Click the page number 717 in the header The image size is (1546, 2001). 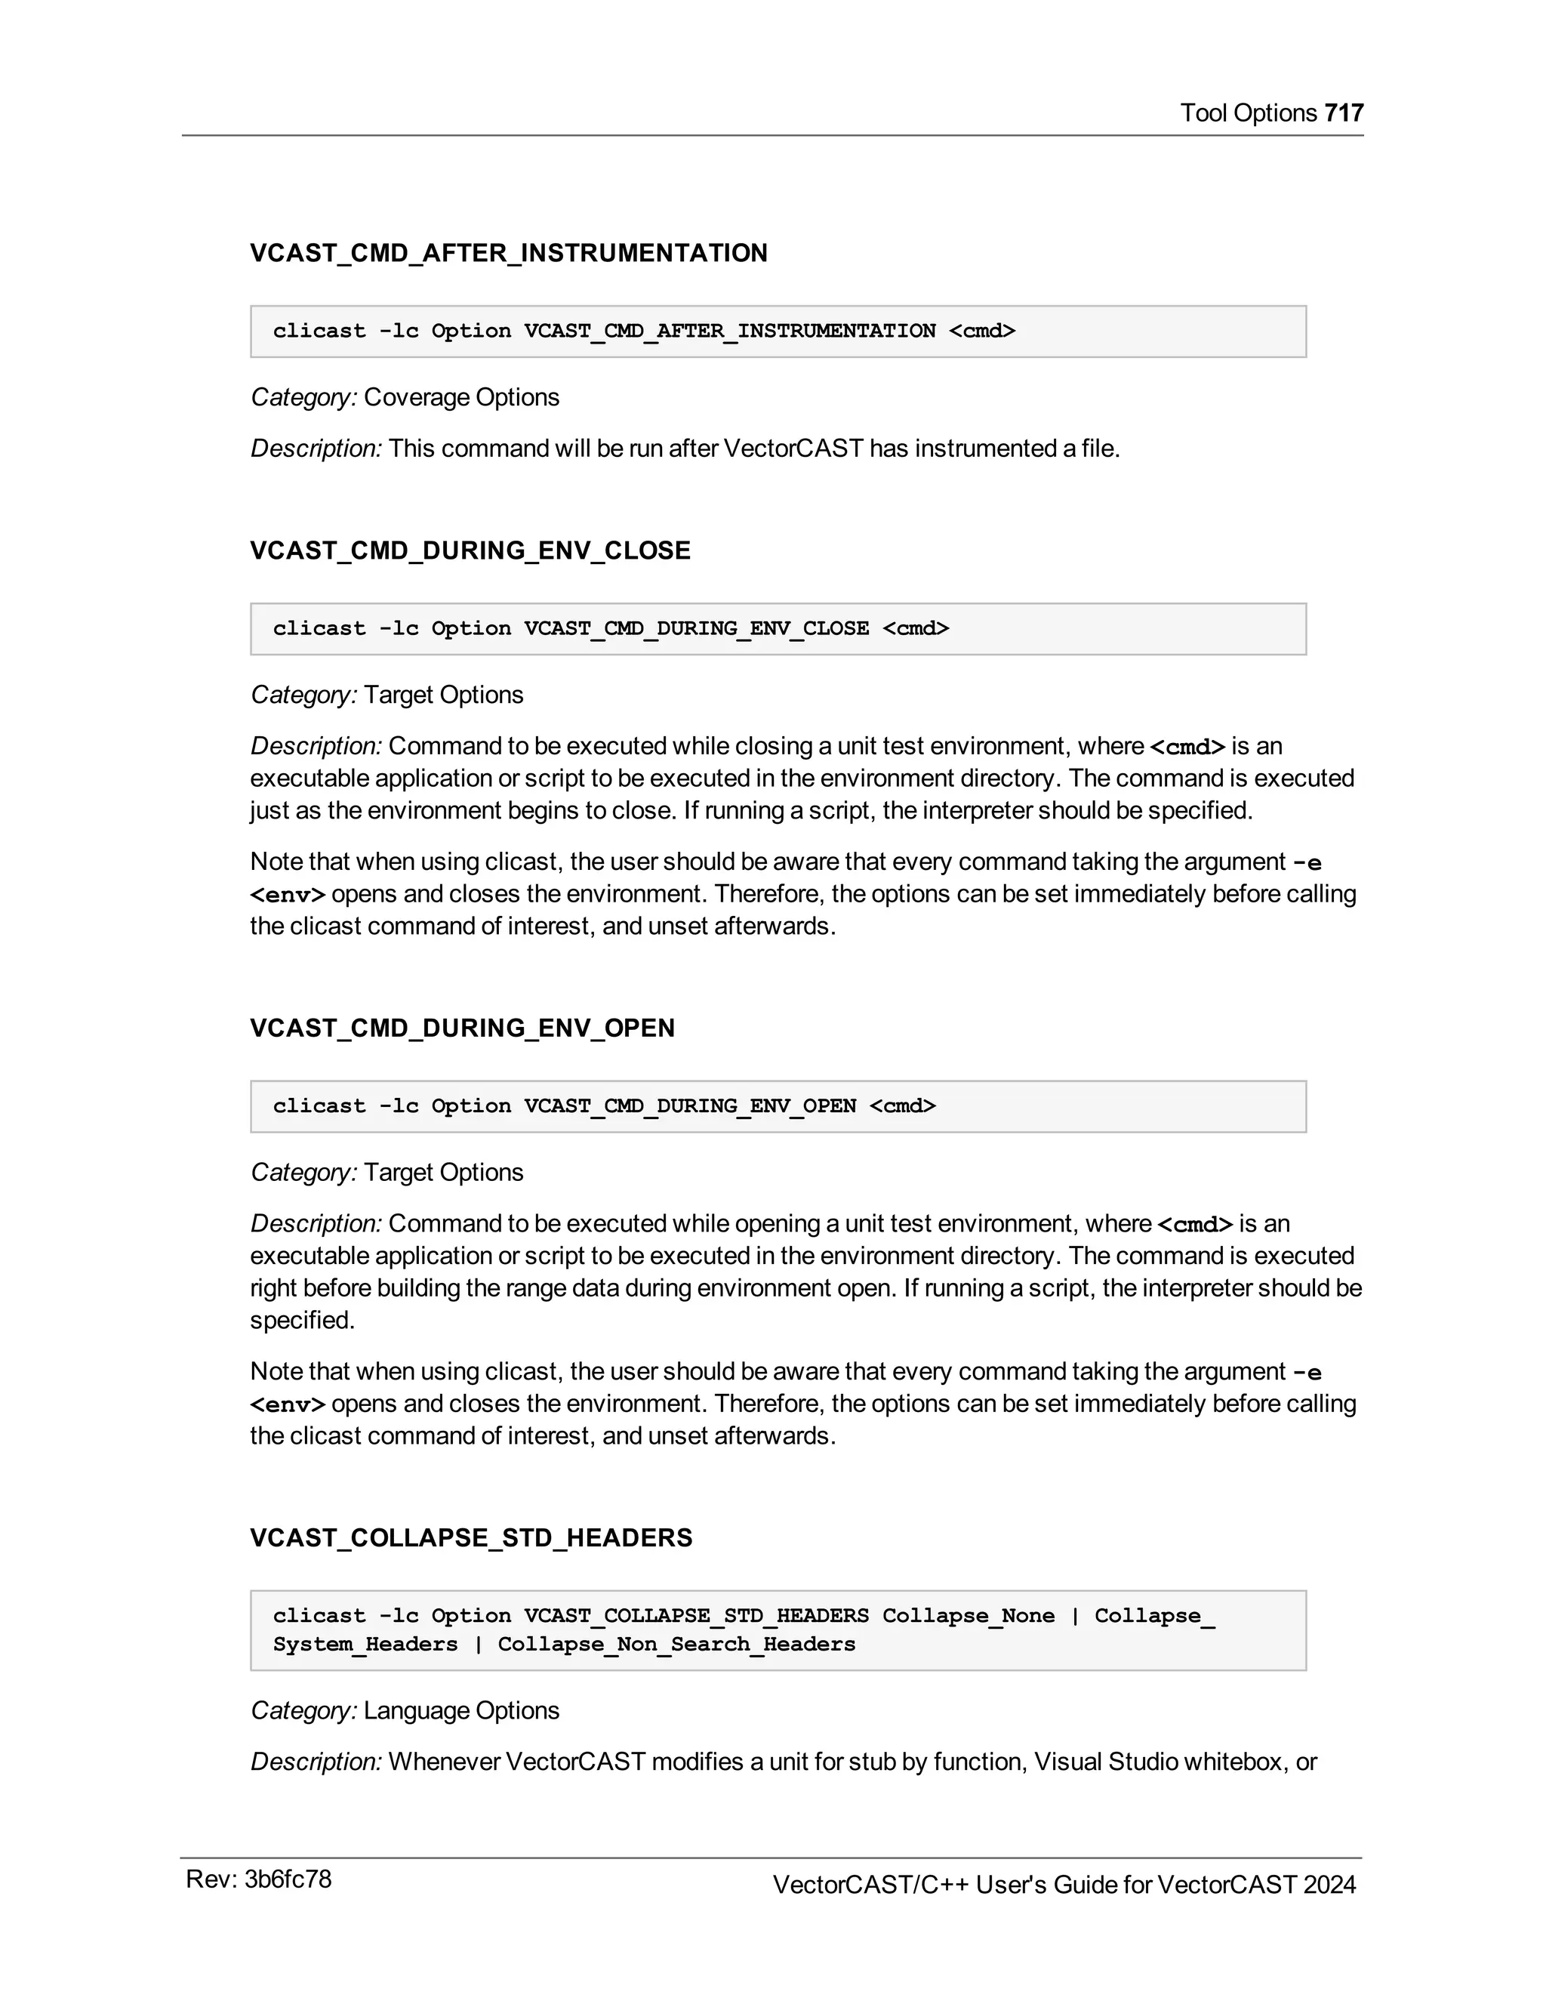coord(1344,113)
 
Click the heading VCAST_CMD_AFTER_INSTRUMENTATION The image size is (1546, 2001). coord(508,253)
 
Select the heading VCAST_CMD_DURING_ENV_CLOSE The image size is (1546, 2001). coord(470,550)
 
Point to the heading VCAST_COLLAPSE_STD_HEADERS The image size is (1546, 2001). coord(471,1537)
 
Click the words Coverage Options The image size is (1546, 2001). coord(460,398)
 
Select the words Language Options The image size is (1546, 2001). coord(460,1710)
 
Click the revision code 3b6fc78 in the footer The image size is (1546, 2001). coord(288,1879)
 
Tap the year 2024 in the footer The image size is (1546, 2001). coord(1329,1885)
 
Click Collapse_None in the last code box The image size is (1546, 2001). coord(968,1615)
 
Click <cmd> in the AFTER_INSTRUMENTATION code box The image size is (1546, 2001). coord(982,331)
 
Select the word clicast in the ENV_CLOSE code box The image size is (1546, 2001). coord(319,628)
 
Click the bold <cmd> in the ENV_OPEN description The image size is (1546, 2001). coord(1195,1224)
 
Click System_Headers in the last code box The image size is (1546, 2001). coord(365,1644)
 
